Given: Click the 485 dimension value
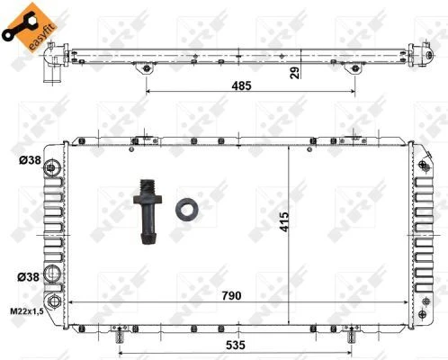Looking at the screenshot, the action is pos(241,85).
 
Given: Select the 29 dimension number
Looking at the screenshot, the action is pos(295,73).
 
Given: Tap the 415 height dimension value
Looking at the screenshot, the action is pos(284,222).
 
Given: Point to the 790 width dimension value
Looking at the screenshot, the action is pos(231,296).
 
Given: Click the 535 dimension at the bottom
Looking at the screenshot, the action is pos(236,345).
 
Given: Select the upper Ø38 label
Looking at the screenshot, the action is pos(30,160).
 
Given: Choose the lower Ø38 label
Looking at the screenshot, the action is pos(29,276).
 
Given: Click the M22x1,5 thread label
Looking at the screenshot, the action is pos(27,311).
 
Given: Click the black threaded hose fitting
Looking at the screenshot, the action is pos(148,211).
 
